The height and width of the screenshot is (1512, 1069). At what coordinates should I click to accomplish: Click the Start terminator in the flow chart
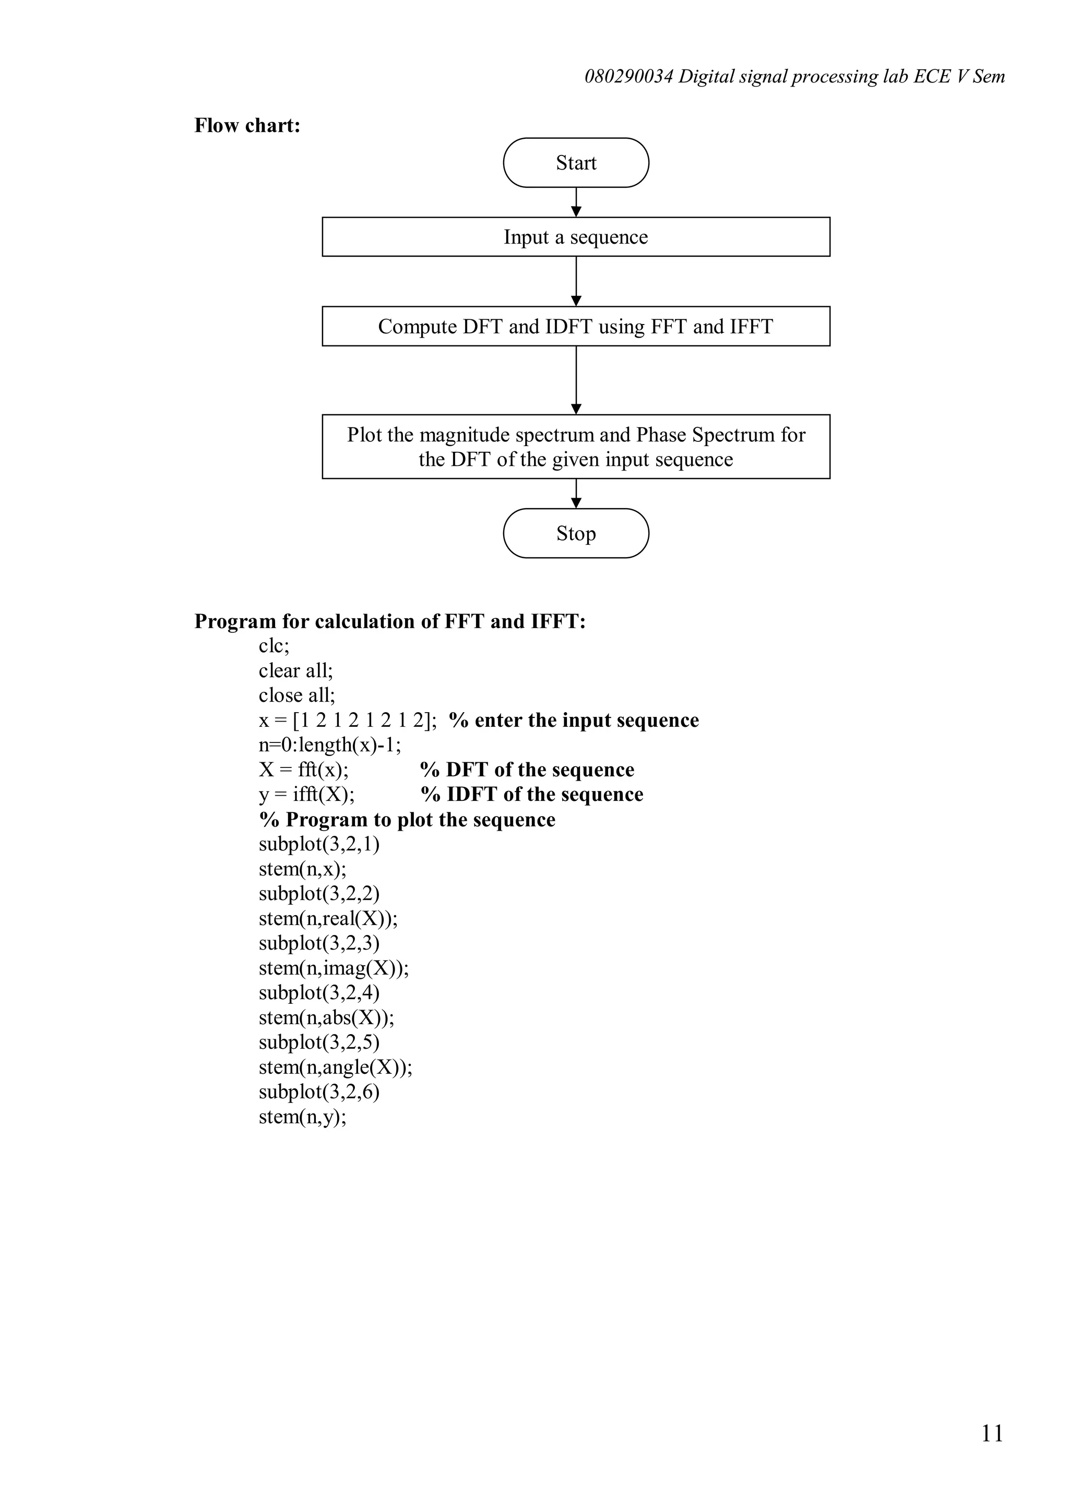pos(576,163)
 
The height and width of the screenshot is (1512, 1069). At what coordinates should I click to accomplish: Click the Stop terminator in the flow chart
pos(576,533)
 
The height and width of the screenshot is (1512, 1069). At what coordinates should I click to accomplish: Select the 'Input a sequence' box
pos(576,237)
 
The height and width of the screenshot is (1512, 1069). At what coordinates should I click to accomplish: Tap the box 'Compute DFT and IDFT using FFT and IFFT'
pos(576,327)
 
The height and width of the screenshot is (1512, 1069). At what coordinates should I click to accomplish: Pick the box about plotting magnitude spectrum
pos(576,447)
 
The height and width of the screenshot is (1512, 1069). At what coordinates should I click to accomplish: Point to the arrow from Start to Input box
pos(576,202)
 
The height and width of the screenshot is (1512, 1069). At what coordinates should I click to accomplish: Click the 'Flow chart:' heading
pos(247,125)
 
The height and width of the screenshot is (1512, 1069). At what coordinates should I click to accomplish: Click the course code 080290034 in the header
pos(629,77)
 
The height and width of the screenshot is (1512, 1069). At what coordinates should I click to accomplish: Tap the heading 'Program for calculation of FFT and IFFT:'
pos(390,621)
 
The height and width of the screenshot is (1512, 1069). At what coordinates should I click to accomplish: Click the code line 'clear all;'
pos(296,670)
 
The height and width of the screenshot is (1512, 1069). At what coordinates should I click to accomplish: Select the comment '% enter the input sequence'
pos(574,720)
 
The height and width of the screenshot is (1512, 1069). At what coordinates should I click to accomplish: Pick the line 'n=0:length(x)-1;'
pos(330,745)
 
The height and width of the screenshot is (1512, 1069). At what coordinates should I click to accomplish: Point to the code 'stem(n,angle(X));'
pos(335,1067)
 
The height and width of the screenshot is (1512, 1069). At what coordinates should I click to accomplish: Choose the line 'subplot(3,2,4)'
pos(319,992)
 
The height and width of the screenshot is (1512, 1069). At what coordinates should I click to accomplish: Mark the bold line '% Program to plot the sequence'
pos(407,819)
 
